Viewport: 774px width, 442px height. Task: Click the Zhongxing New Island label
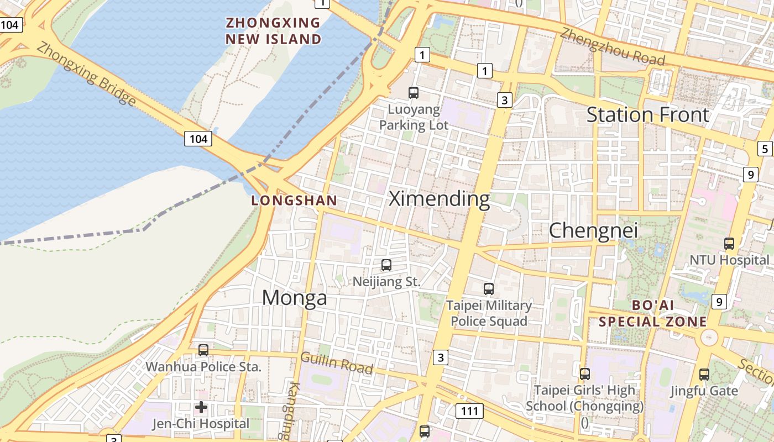274,31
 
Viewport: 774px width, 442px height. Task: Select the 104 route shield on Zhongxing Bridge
198,139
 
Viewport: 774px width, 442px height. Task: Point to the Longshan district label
294,201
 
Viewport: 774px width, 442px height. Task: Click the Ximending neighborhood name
439,199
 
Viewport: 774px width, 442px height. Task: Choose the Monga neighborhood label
294,298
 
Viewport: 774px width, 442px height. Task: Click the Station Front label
647,115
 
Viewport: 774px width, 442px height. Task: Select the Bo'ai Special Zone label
653,313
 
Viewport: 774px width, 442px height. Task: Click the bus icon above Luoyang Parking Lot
414,93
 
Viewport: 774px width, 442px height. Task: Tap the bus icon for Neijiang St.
386,265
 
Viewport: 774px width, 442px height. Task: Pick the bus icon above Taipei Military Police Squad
489,288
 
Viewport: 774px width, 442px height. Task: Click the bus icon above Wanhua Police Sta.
203,350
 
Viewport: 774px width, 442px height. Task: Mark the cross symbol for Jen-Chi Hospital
201,407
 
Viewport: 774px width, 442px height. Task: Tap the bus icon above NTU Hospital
729,243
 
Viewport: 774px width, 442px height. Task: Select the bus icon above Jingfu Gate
704,374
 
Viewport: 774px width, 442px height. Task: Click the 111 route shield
469,411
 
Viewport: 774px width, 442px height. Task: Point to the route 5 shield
765,149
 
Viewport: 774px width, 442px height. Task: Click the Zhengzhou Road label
612,45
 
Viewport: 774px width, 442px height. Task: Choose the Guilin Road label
336,362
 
